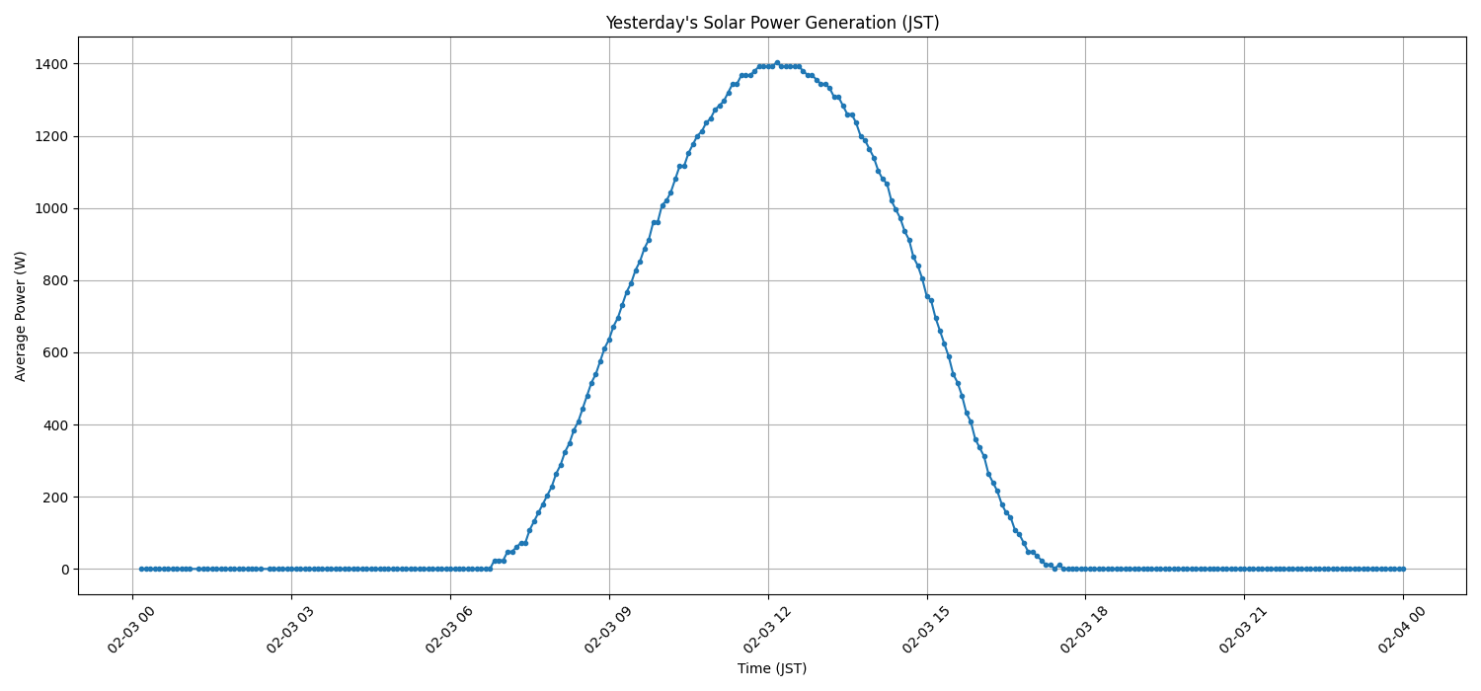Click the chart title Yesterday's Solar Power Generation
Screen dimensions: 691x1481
tap(772, 23)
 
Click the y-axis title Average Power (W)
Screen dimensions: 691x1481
tap(21, 316)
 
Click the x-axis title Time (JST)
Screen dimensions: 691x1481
tap(772, 668)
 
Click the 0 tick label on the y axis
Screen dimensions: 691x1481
tap(64, 570)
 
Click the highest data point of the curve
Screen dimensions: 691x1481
tap(777, 62)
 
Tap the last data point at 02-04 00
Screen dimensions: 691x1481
tap(1403, 569)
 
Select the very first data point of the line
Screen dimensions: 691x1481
tap(141, 569)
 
